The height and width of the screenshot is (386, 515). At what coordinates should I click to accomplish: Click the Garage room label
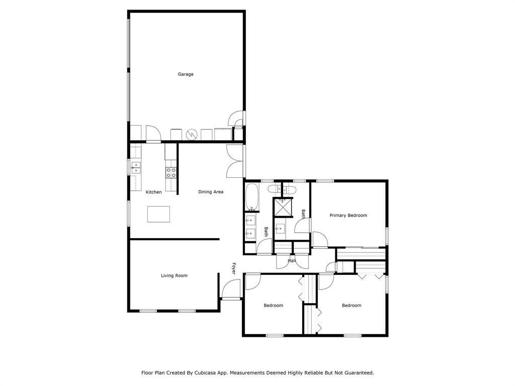(x=186, y=74)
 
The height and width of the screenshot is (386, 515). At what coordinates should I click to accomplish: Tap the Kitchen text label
(x=154, y=192)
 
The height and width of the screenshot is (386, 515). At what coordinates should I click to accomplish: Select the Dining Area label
(x=211, y=192)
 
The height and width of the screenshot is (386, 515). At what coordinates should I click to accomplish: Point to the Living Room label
(x=174, y=275)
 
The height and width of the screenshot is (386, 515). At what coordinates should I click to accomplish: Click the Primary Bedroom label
(x=348, y=215)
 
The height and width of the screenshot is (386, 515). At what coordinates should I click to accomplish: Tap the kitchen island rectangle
(x=158, y=214)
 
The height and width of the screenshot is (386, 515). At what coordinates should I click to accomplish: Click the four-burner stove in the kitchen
(x=171, y=173)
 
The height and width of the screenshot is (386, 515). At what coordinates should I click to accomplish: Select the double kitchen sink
(x=136, y=168)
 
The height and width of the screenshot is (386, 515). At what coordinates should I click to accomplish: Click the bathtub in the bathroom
(x=251, y=197)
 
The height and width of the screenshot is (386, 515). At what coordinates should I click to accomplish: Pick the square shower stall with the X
(x=283, y=207)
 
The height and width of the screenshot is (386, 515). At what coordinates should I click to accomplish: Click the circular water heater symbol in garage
(x=192, y=134)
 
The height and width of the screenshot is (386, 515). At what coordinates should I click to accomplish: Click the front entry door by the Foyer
(x=230, y=290)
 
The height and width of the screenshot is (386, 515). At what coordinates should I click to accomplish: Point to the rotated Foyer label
(x=234, y=268)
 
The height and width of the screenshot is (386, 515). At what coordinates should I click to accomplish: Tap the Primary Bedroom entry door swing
(x=319, y=239)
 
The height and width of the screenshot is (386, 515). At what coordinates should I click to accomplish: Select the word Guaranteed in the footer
(x=356, y=373)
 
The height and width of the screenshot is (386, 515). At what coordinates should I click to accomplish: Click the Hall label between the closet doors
(x=292, y=261)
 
